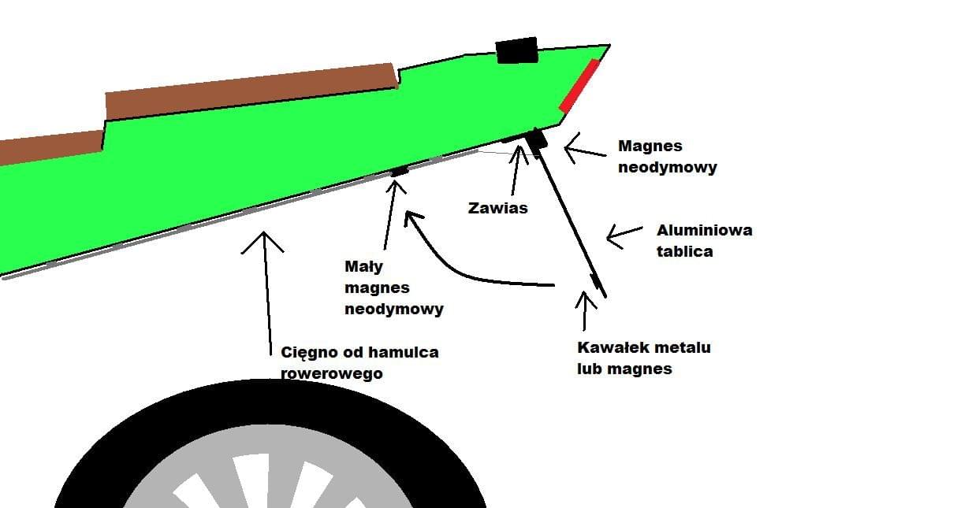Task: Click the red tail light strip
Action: (579, 85)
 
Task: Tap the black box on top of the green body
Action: (516, 50)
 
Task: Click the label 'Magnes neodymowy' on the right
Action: (667, 156)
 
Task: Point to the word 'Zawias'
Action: (497, 209)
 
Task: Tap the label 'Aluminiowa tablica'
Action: (704, 240)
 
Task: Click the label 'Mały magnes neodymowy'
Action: (393, 287)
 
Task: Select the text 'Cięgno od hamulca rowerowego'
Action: (359, 362)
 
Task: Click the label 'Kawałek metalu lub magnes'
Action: (644, 358)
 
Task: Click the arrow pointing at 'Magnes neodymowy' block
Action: (582, 146)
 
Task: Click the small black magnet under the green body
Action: (400, 170)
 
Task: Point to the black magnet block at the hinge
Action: (538, 141)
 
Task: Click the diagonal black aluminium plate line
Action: (572, 217)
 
